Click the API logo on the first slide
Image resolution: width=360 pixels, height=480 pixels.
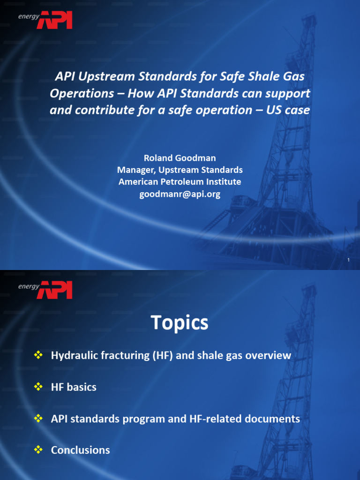(54, 20)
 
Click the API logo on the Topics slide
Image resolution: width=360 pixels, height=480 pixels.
(54, 289)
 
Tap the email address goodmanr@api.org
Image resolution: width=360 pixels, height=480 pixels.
(180, 194)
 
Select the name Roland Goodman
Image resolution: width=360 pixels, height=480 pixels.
(180, 158)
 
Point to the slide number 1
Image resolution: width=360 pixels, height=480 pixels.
(349, 260)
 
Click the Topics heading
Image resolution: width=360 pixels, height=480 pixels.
(180, 322)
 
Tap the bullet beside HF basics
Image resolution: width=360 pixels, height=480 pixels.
(38, 387)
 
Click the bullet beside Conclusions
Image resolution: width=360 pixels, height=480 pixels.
(38, 450)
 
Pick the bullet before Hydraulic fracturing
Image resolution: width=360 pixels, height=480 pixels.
(38, 355)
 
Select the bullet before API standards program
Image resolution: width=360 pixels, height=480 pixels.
(38, 419)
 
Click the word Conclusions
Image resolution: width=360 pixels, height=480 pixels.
(80, 450)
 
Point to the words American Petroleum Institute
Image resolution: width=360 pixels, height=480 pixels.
(180, 181)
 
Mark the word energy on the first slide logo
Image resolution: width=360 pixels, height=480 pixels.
(28, 16)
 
